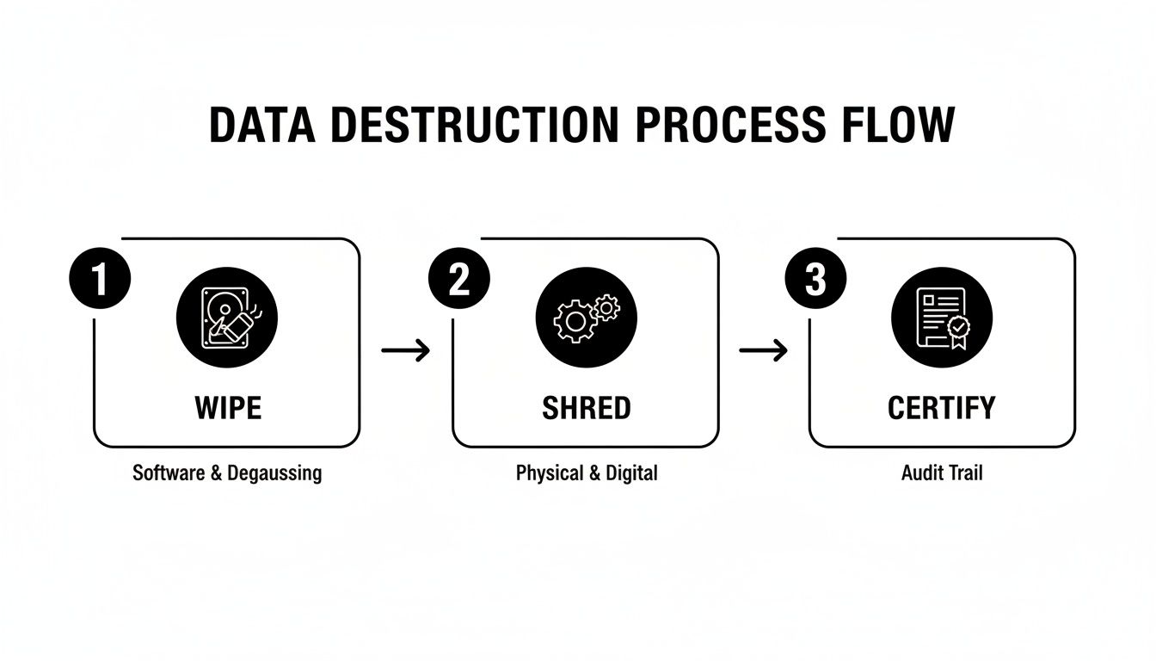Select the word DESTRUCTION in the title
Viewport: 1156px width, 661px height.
pyautogui.click(x=473, y=126)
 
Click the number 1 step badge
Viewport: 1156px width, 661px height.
pyautogui.click(x=100, y=280)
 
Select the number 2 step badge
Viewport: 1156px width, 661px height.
pyautogui.click(x=459, y=280)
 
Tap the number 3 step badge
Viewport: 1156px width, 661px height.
pyautogui.click(x=816, y=280)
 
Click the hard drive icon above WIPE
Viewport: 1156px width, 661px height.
pyautogui.click(x=227, y=317)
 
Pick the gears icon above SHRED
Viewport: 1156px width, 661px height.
pyautogui.click(x=586, y=317)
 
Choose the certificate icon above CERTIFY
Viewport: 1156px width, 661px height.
pyautogui.click(x=942, y=317)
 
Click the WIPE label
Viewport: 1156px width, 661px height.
pyautogui.click(x=227, y=407)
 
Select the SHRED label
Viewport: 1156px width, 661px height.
pyautogui.click(x=586, y=407)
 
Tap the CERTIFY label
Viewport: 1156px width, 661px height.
pyautogui.click(x=942, y=407)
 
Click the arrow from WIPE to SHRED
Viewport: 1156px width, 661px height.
pyautogui.click(x=405, y=350)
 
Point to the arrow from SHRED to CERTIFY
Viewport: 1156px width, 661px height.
pyautogui.click(x=763, y=350)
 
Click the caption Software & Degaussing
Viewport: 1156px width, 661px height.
pyautogui.click(x=227, y=473)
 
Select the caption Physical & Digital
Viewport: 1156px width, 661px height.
pyautogui.click(x=586, y=473)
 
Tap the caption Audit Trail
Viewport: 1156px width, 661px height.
pyautogui.click(x=942, y=473)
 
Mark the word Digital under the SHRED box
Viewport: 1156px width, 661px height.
pyautogui.click(x=631, y=473)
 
